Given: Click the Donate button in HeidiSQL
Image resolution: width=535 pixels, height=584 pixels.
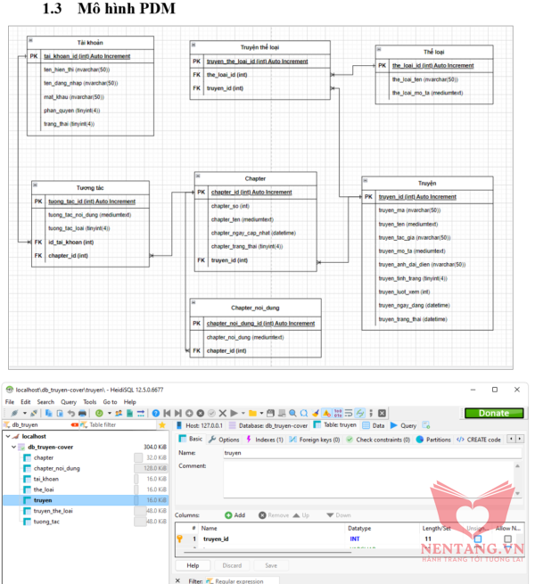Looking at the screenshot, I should click(x=494, y=413).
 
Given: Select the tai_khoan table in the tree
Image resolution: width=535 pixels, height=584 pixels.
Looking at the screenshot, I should click(x=47, y=479).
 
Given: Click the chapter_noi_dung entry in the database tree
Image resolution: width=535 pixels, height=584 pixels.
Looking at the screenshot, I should click(x=56, y=468).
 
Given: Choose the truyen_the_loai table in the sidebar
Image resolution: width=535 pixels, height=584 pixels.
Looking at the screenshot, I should click(x=53, y=511).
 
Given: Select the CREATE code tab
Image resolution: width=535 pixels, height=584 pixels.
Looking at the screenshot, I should click(x=482, y=439).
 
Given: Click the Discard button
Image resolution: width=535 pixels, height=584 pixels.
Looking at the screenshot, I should click(x=231, y=565).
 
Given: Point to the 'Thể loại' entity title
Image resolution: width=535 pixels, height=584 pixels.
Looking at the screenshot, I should click(x=434, y=53).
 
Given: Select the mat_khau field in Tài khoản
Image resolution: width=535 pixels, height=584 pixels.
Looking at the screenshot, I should click(x=75, y=96).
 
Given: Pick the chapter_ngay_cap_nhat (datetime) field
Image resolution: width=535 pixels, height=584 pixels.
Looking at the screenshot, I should click(x=247, y=232).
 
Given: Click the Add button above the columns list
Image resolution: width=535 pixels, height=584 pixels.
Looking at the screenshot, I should click(x=235, y=515).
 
